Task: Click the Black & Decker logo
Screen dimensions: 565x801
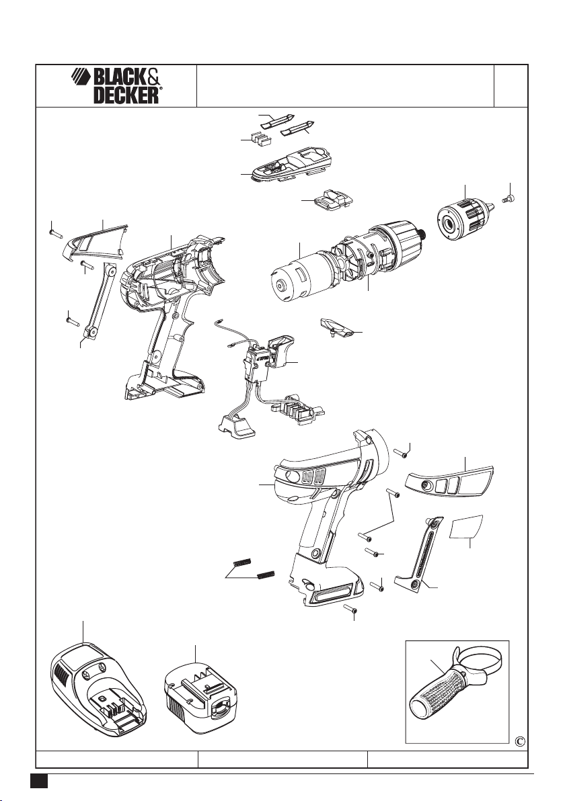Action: pyautogui.click(x=116, y=86)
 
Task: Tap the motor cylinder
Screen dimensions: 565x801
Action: pyautogui.click(x=297, y=276)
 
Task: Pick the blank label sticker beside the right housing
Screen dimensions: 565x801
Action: pyautogui.click(x=466, y=527)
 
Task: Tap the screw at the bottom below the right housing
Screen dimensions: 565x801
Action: pyautogui.click(x=350, y=608)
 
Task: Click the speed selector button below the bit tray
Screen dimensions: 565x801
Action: pyautogui.click(x=333, y=200)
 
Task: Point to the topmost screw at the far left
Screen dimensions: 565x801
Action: pyautogui.click(x=56, y=233)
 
